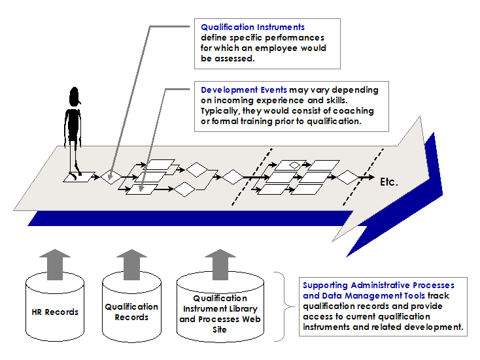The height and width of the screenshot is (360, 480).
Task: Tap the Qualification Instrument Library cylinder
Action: coord(220,312)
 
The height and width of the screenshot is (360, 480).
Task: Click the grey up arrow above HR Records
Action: coord(55,261)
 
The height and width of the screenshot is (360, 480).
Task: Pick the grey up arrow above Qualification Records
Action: coord(131,261)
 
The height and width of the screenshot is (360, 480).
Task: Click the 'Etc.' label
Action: coord(388,182)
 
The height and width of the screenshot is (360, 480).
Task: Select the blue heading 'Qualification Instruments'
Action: coord(252,27)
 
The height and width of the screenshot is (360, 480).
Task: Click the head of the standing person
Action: coord(75,97)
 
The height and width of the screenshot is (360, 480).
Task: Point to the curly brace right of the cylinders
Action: coord(283,305)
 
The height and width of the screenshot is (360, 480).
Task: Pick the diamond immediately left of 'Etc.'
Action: coord(347,177)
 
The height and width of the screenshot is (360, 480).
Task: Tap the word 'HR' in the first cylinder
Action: coord(38,312)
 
